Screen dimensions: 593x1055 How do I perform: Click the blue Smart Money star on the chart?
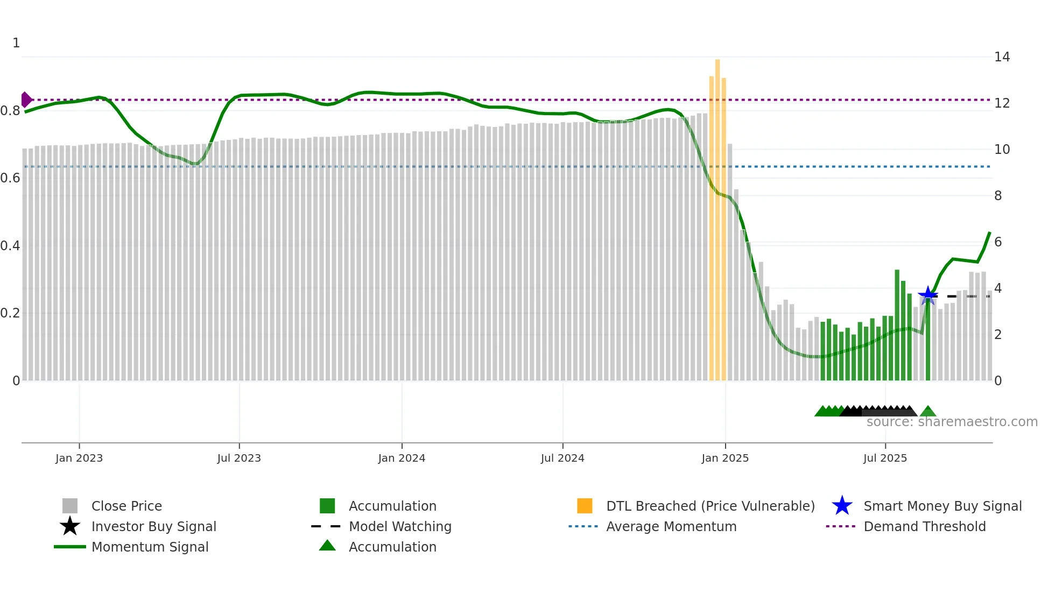point(927,295)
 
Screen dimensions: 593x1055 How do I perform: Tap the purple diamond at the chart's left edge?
point(26,100)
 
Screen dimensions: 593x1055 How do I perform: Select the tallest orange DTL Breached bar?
point(718,215)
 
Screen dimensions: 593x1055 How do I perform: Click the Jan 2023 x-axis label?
point(79,458)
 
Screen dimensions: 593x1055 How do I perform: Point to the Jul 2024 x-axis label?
point(562,458)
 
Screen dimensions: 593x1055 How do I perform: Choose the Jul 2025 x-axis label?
point(885,458)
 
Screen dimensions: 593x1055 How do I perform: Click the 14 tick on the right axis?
point(1002,57)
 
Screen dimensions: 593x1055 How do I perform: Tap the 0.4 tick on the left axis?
point(11,246)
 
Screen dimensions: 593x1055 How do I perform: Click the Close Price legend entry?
point(126,506)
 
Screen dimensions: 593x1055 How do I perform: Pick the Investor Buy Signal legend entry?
point(153,526)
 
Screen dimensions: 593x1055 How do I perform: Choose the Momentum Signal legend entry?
point(150,547)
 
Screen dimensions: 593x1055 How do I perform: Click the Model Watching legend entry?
point(400,526)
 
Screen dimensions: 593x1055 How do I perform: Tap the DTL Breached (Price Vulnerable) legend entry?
point(710,506)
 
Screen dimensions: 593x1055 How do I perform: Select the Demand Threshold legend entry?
point(924,526)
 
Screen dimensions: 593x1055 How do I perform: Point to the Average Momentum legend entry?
point(671,526)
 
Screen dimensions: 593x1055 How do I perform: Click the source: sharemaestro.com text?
point(952,422)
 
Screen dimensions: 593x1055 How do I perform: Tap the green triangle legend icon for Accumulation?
point(327,546)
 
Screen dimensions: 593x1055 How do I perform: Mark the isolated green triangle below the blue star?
point(928,412)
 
